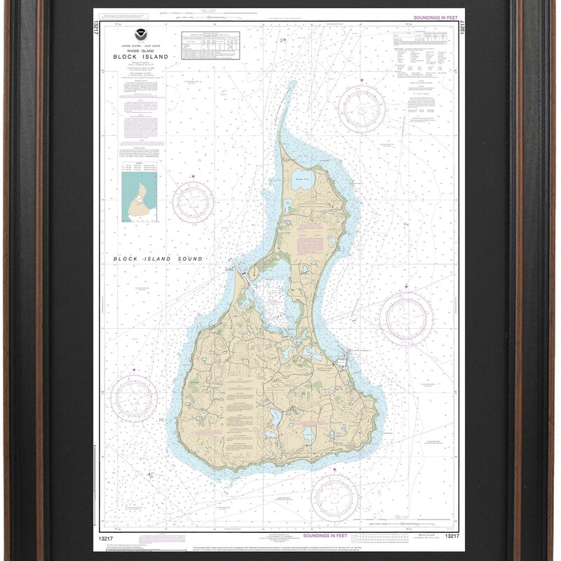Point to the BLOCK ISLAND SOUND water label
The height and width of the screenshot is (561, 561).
point(158,259)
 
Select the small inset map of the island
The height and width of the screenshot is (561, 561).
point(138,198)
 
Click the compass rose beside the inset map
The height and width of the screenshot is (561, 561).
point(193,203)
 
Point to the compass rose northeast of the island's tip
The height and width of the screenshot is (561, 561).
point(361,109)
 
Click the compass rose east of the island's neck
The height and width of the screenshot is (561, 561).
point(405,318)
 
